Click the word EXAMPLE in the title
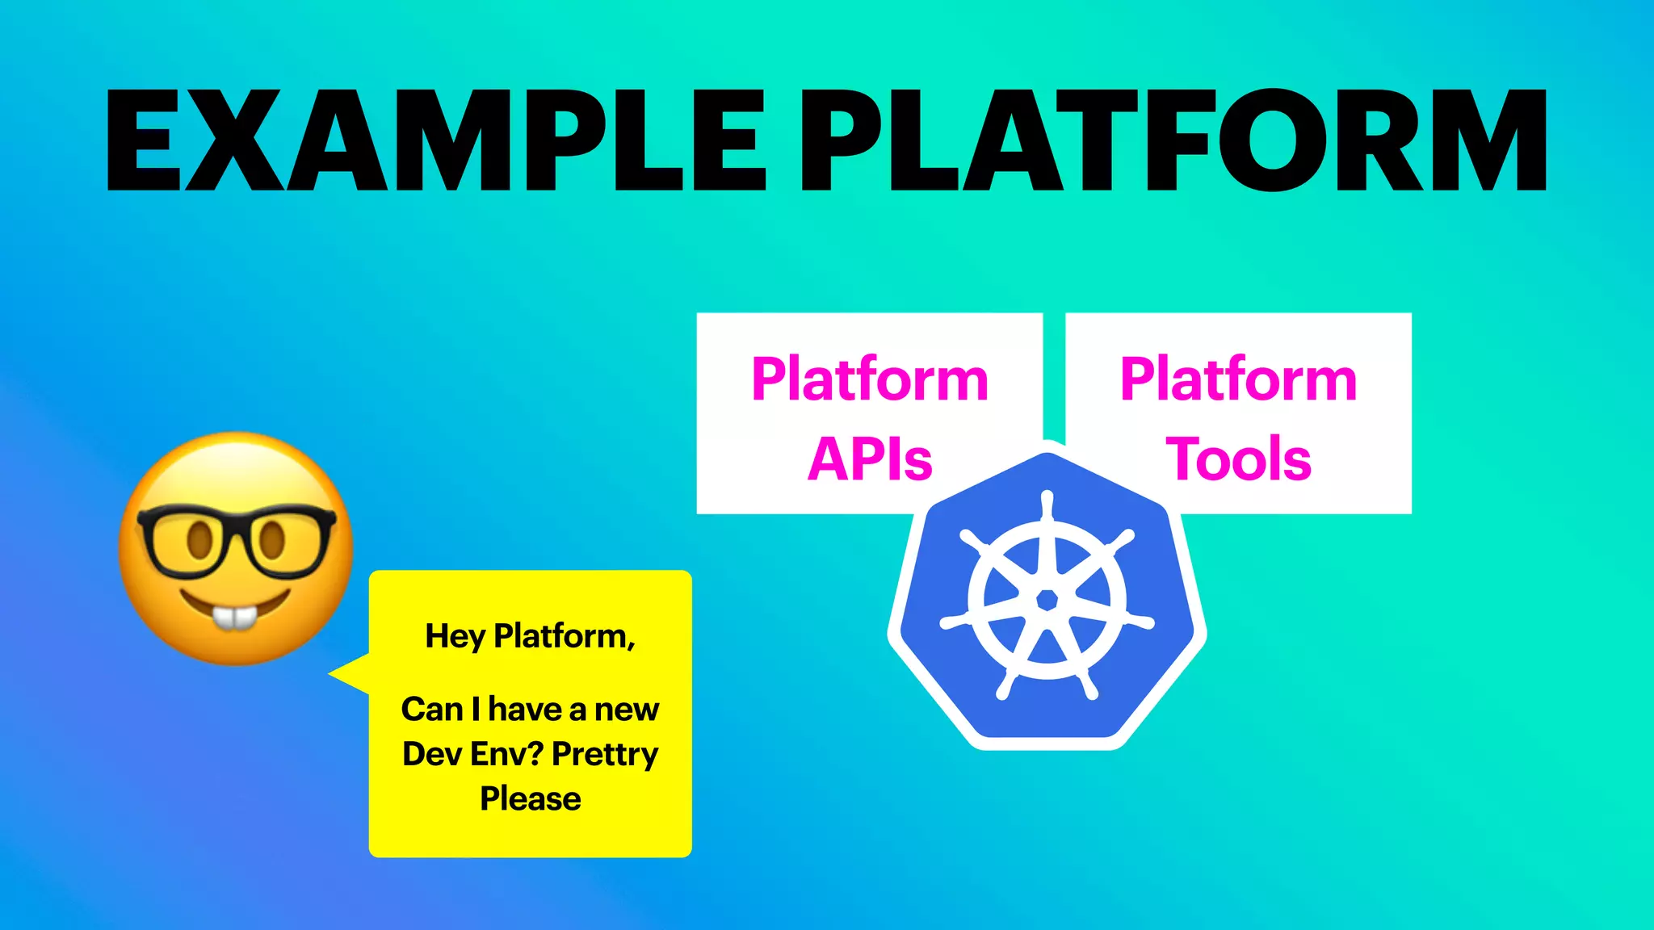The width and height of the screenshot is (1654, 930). click(x=436, y=141)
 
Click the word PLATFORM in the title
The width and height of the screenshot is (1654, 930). click(x=1171, y=141)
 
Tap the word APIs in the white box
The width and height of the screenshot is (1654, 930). click(x=870, y=459)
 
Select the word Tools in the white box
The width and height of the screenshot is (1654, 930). click(x=1238, y=459)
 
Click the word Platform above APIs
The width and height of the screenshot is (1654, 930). click(x=870, y=379)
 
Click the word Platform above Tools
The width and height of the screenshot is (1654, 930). click(x=1238, y=379)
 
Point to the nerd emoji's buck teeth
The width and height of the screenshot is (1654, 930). click(x=233, y=618)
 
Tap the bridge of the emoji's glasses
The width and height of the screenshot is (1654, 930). click(x=235, y=533)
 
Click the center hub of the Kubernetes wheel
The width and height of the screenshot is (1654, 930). click(x=1047, y=600)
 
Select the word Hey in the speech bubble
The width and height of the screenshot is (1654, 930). click(x=455, y=636)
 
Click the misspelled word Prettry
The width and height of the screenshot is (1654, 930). click(x=605, y=754)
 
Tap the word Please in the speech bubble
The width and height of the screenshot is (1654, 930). click(x=530, y=798)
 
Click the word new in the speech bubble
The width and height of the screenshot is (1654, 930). click(x=627, y=710)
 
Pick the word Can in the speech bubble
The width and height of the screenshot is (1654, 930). click(x=431, y=710)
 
